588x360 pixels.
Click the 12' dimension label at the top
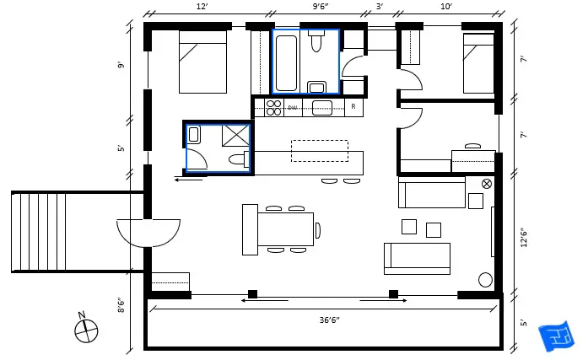202,7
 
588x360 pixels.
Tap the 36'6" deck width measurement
324,320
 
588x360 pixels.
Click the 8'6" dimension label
122,306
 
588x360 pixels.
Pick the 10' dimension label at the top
446,7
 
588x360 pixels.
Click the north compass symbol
85,330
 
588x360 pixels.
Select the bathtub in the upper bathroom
286,62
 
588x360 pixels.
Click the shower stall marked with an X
236,135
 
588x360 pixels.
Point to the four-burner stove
273,107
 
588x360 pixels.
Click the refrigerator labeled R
353,107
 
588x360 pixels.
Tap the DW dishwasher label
293,108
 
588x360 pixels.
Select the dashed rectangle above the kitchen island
320,151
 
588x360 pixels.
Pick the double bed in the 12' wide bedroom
202,62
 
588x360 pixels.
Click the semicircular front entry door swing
148,232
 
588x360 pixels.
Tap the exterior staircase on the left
42,232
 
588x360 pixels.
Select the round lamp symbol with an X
486,184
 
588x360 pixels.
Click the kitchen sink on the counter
321,107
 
